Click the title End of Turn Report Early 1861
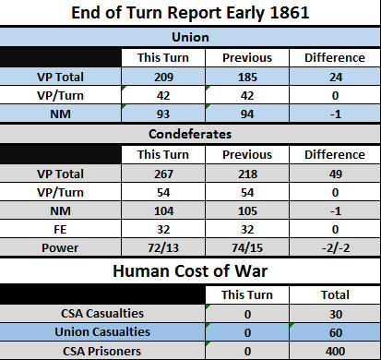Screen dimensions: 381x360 [190, 13]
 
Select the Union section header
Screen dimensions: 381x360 [190, 37]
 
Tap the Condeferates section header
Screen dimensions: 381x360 [190, 134]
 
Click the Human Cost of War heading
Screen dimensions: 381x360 [190, 271]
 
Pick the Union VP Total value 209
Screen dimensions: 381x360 [163, 77]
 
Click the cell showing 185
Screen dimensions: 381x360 [247, 77]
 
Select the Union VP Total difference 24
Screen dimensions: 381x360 [336, 77]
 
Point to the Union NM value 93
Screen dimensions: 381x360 [163, 114]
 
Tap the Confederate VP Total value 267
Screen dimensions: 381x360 [163, 174]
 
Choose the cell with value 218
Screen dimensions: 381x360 [247, 174]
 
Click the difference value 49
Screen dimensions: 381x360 [336, 174]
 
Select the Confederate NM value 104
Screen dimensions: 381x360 [163, 211]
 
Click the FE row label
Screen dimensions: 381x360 [60, 230]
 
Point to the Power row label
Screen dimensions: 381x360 [60, 248]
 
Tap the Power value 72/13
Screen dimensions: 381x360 [163, 248]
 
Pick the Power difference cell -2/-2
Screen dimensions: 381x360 [336, 248]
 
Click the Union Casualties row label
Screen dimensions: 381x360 [102, 332]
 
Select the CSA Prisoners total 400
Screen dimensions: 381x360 [335, 352]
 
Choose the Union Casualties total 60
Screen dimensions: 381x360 [336, 333]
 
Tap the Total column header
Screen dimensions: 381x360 [335, 295]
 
